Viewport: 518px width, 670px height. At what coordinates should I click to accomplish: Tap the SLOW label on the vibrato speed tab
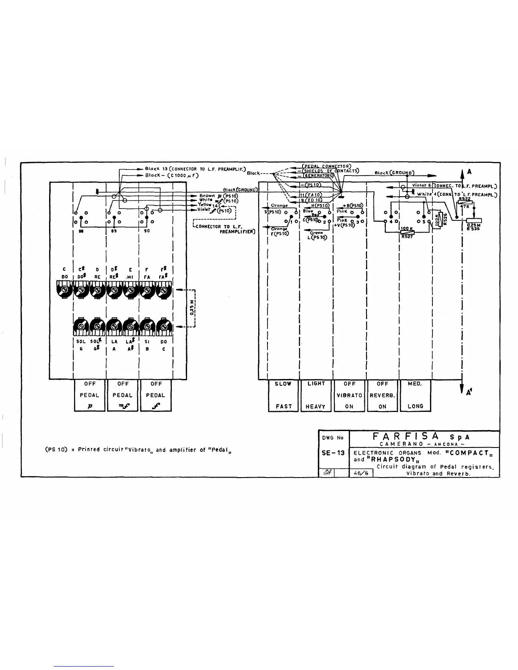(x=283, y=384)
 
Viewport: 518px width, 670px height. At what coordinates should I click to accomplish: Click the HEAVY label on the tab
(x=316, y=406)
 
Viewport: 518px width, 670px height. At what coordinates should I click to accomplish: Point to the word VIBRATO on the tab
(x=350, y=395)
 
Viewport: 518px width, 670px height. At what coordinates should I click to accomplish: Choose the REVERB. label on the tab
(x=383, y=395)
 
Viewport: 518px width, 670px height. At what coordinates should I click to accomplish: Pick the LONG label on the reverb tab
(x=415, y=406)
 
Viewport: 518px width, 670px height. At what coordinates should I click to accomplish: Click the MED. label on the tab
(x=414, y=384)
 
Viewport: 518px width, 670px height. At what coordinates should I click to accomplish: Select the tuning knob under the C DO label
(x=64, y=291)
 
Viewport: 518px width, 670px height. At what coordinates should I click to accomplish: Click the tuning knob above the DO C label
(x=164, y=326)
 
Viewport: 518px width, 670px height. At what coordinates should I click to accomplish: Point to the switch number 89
(x=114, y=232)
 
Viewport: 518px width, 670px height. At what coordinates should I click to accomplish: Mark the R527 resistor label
(x=407, y=237)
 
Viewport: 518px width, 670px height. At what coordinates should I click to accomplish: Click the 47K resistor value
(x=465, y=206)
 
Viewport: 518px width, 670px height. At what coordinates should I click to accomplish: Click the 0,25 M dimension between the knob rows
(x=191, y=308)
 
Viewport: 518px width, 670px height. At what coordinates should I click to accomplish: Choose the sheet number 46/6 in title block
(x=361, y=473)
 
